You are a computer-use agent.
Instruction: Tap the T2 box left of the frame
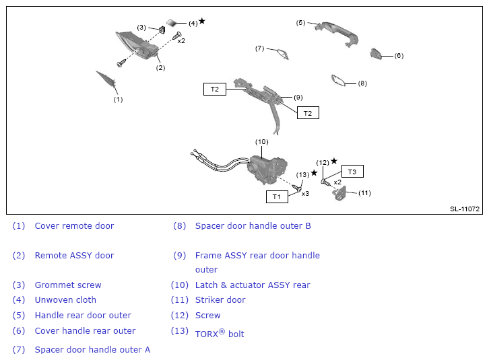point(215,89)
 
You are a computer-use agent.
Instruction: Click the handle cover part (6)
point(377,55)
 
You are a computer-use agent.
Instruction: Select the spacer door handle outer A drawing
point(280,52)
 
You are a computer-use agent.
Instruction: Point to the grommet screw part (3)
point(163,32)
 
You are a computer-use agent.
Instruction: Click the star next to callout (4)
point(202,21)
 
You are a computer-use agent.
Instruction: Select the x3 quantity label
point(305,193)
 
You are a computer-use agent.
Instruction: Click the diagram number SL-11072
point(465,209)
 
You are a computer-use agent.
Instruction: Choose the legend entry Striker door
point(220,300)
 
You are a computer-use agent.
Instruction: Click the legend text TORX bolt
point(220,334)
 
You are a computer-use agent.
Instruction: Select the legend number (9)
point(178,256)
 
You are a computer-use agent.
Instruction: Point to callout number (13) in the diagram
point(302,174)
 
